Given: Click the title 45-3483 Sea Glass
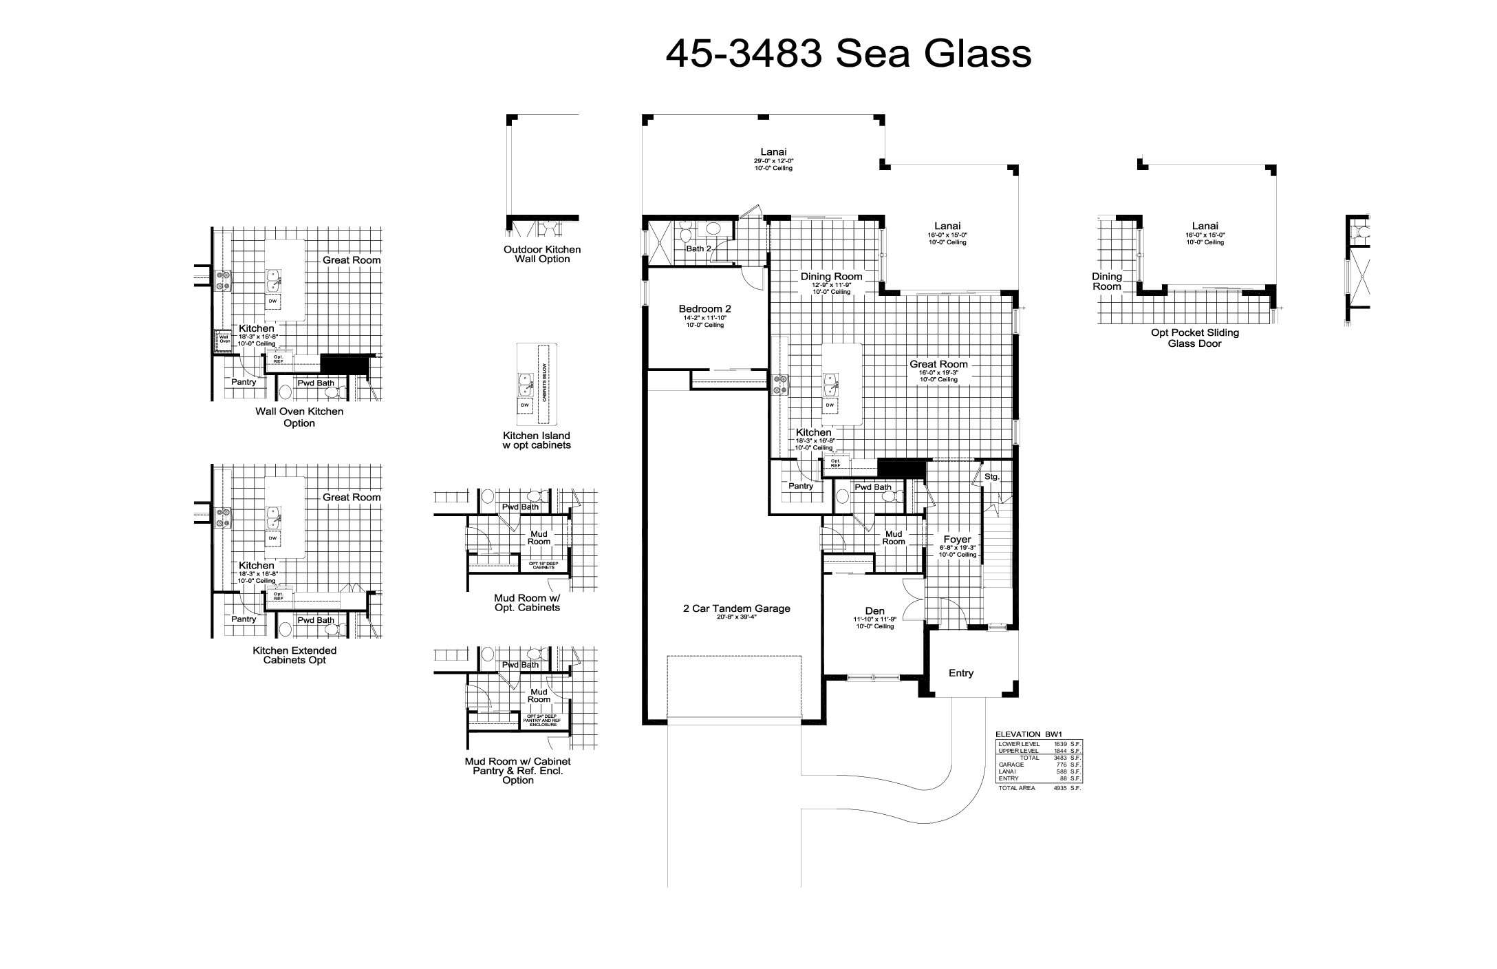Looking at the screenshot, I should click(x=848, y=53).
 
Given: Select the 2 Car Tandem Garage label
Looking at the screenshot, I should click(x=736, y=608).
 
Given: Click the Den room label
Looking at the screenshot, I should click(x=874, y=611).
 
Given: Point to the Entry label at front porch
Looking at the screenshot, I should click(x=960, y=673).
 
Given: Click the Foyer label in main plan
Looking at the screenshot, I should click(x=956, y=540).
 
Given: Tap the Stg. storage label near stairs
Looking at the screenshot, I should click(x=991, y=476).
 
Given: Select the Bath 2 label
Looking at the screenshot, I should click(x=698, y=248).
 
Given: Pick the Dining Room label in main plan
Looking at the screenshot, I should click(x=831, y=277).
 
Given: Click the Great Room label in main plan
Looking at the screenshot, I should click(x=938, y=364).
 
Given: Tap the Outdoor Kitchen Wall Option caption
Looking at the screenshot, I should click(x=542, y=254).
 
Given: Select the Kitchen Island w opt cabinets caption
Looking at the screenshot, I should click(x=537, y=440).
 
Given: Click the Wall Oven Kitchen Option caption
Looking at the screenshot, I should click(x=299, y=417).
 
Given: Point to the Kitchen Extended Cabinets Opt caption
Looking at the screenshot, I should click(x=294, y=655).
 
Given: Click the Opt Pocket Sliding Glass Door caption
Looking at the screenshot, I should click(x=1195, y=338).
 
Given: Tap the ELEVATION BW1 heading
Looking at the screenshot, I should click(x=1028, y=735).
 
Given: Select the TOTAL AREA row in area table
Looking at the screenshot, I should click(x=1039, y=788).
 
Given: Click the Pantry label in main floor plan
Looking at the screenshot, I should click(x=801, y=486).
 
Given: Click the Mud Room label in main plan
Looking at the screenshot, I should click(x=894, y=537).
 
